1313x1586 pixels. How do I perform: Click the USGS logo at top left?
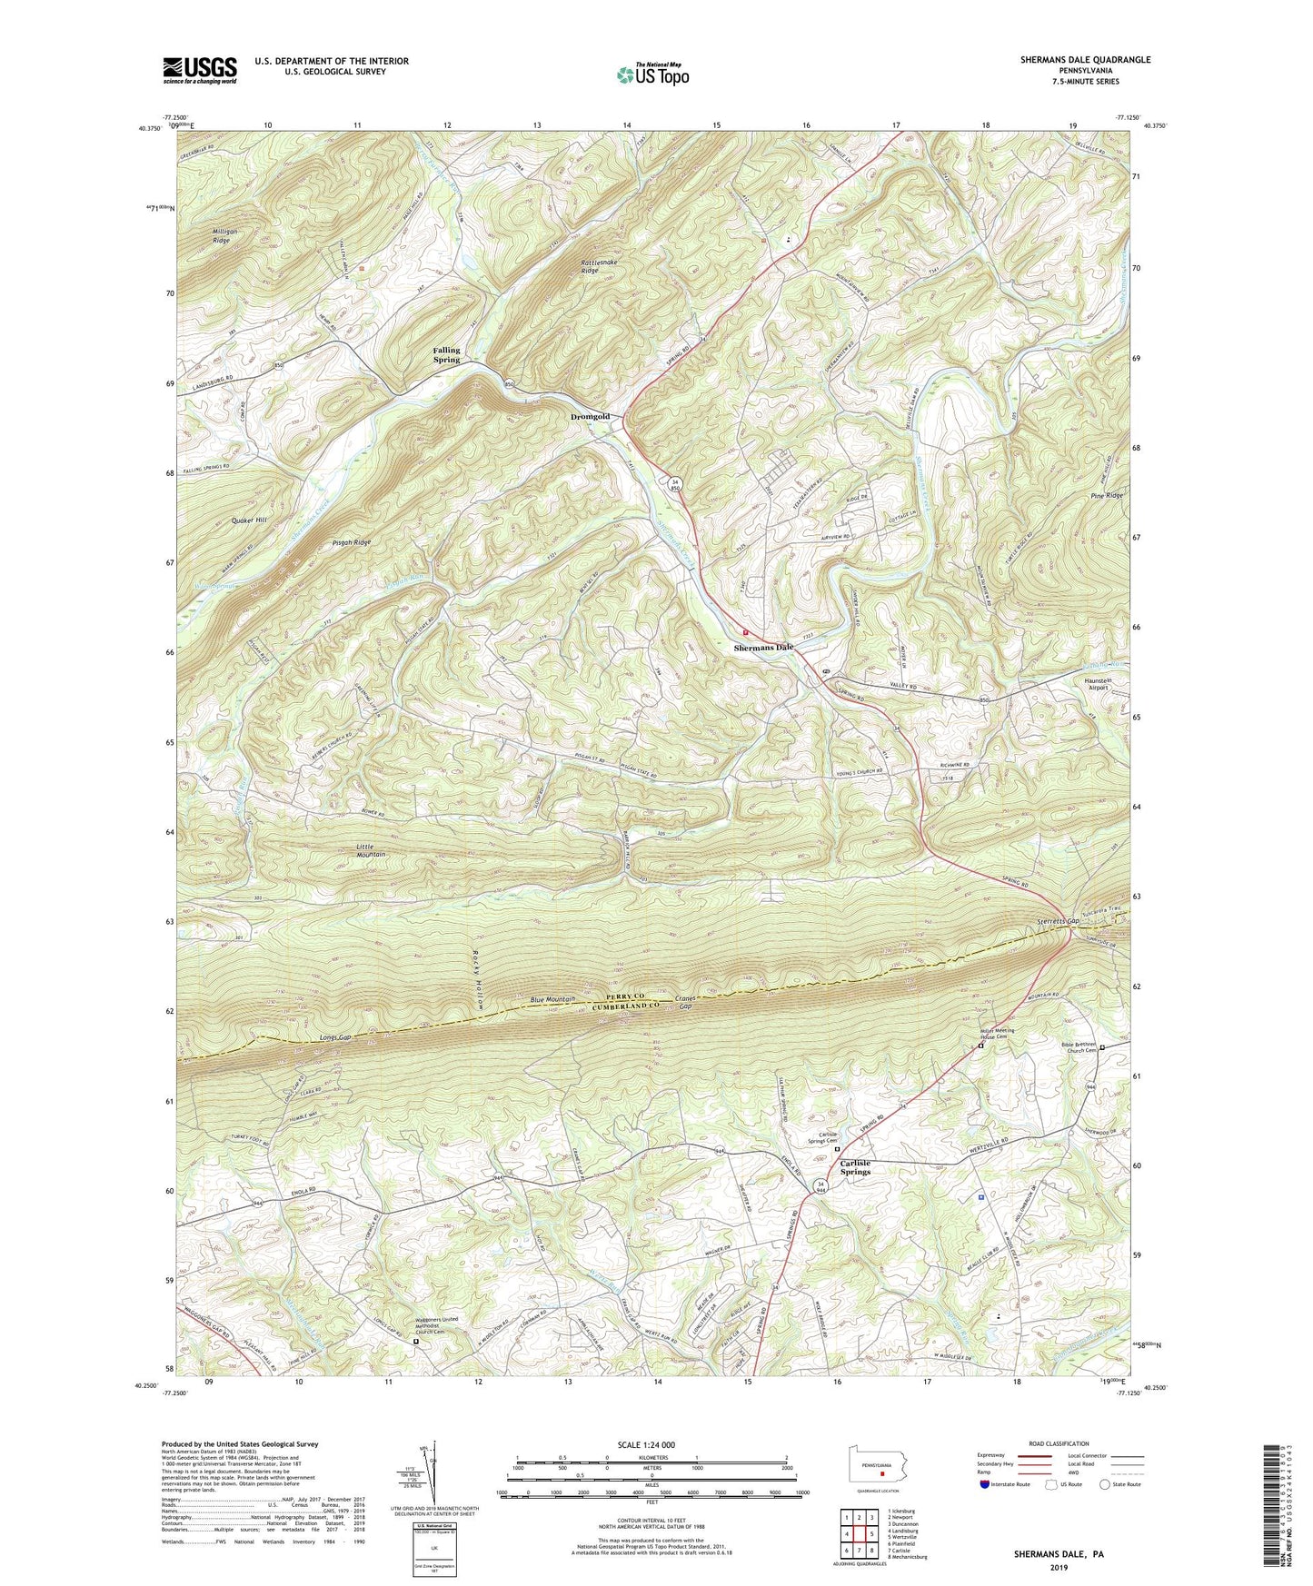[200, 70]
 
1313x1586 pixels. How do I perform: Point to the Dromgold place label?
[590, 417]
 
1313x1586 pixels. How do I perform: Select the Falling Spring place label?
[446, 354]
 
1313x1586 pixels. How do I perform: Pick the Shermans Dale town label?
[763, 648]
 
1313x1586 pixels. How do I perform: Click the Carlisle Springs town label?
[855, 1167]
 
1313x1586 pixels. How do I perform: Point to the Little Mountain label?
[371, 849]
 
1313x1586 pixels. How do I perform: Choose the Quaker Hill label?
[249, 520]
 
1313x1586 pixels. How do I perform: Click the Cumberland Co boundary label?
[630, 1007]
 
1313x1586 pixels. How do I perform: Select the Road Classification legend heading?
[1059, 1443]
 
